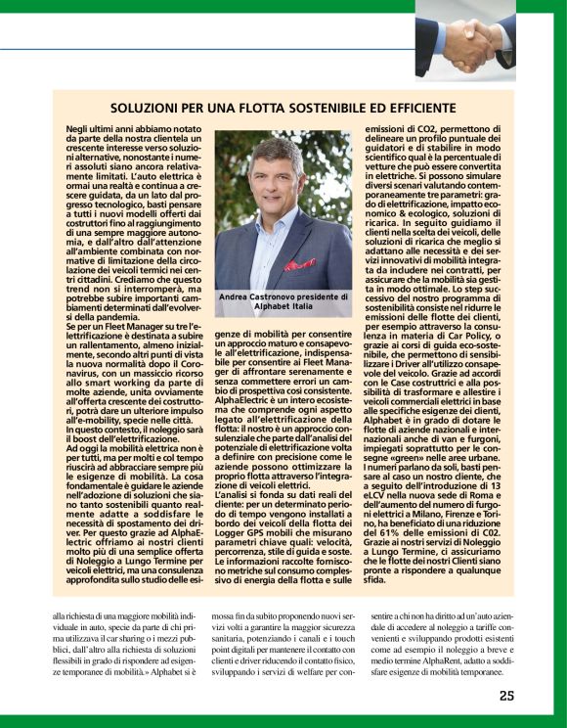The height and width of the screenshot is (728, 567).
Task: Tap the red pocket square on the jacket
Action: [299, 263]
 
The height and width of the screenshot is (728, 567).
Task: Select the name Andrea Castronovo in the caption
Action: [256, 296]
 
